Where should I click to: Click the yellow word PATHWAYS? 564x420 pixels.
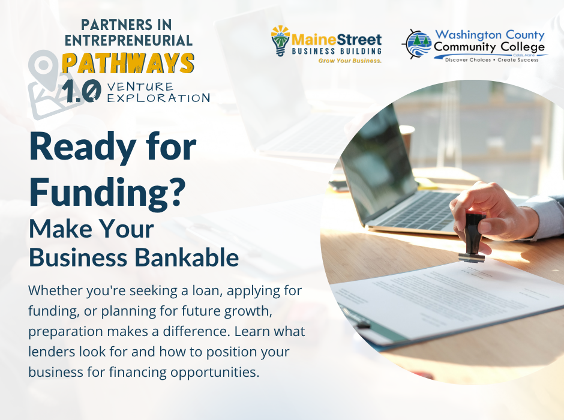(x=128, y=63)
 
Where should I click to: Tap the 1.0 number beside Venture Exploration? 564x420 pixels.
(x=81, y=91)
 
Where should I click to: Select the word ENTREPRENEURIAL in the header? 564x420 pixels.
(x=128, y=40)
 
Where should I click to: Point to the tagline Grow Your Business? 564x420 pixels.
(x=350, y=61)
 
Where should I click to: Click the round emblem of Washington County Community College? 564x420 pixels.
(x=416, y=44)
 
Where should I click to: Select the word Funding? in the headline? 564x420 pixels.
(x=107, y=193)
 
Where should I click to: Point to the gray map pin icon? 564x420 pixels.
(x=43, y=68)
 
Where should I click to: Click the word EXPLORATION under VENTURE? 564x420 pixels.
(x=158, y=98)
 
